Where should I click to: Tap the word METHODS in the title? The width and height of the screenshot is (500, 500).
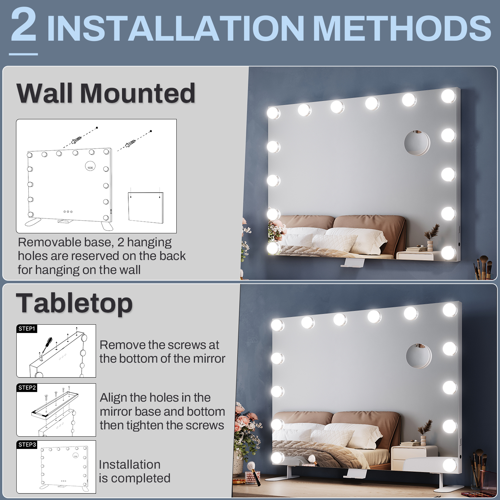coord(402,28)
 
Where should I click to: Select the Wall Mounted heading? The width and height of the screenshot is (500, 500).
coord(106,93)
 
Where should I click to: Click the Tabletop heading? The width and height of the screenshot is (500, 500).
coord(74,303)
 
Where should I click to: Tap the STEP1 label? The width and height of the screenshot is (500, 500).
coord(27,329)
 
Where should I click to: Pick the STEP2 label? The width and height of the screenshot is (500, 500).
coord(27,388)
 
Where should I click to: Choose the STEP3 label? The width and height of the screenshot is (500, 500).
coord(27,445)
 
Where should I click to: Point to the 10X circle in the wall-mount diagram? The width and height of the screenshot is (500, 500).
coord(90,167)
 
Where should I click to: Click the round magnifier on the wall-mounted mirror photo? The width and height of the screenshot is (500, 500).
coord(417,143)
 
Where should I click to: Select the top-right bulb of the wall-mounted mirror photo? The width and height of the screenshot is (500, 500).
coord(448,96)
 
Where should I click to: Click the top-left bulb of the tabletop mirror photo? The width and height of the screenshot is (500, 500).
coord(278,325)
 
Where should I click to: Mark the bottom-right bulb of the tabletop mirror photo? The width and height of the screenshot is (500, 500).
coord(450,465)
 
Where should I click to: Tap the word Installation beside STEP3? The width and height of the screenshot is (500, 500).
coord(130,464)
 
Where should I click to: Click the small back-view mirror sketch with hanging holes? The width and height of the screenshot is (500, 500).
coord(146,207)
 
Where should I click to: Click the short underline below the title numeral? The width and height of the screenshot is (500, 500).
coord(23,54)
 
